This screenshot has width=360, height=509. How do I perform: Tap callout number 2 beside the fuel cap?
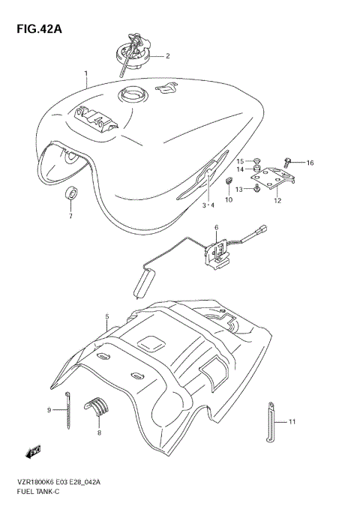[x=167, y=55]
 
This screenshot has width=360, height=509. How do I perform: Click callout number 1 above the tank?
[x=86, y=73]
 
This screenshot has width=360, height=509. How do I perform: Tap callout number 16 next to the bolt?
[x=310, y=163]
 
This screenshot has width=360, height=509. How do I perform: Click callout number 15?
[x=241, y=161]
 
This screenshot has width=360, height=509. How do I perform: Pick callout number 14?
[x=241, y=170]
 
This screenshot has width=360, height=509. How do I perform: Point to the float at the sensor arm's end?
[x=142, y=286]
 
